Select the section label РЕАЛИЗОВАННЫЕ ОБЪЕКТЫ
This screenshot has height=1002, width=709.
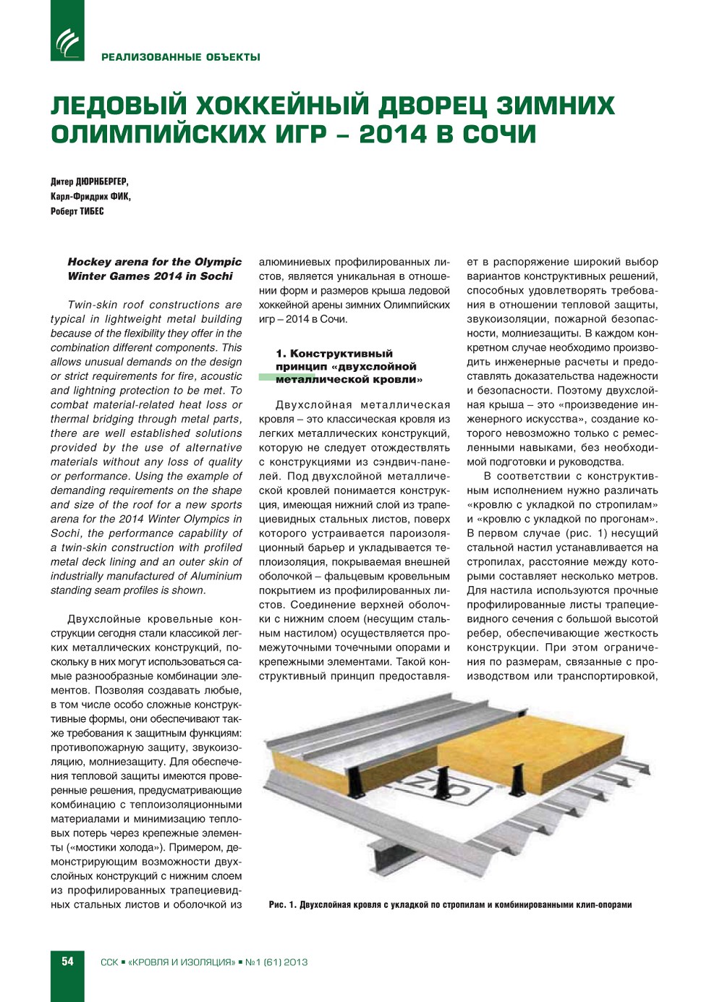(181, 57)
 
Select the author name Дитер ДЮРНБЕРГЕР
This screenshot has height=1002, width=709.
(89, 182)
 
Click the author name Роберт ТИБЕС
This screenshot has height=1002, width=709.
(77, 211)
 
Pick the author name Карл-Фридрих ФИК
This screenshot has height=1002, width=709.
(90, 197)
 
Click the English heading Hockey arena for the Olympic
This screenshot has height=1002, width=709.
(155, 262)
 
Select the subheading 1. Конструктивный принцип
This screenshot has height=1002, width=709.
(334, 354)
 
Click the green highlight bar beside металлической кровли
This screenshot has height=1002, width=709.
(266, 378)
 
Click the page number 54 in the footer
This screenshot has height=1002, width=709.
(67, 961)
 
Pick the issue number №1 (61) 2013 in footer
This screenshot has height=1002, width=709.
(276, 962)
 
